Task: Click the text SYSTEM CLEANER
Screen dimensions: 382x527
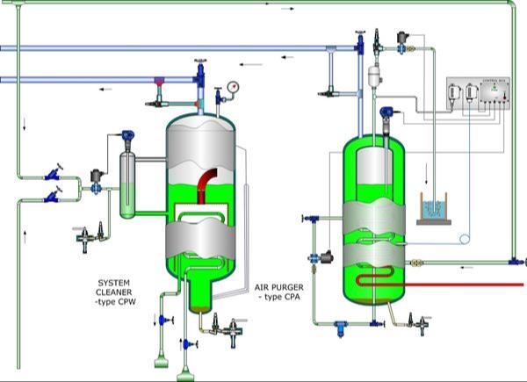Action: click(x=117, y=288)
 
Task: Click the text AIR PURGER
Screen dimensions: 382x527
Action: click(x=278, y=287)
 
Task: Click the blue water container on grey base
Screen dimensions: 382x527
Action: click(x=437, y=208)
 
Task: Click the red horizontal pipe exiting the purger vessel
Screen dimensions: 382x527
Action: click(x=474, y=285)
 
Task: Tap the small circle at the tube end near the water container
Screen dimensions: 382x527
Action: click(x=466, y=238)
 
